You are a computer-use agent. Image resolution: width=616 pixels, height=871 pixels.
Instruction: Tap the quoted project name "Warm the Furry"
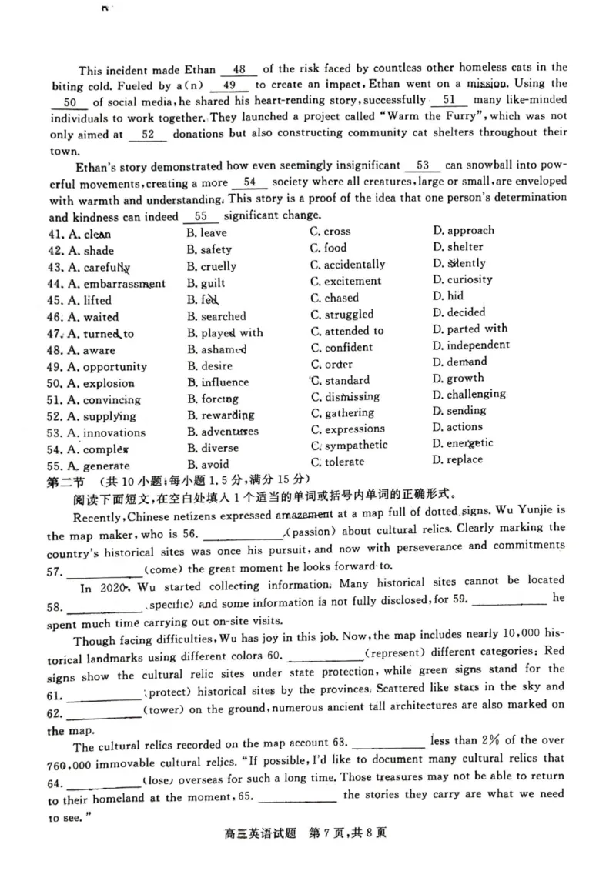(x=432, y=117)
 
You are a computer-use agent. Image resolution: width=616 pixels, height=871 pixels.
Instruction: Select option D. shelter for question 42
(x=458, y=247)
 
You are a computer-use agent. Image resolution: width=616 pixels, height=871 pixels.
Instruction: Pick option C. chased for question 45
(x=335, y=298)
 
